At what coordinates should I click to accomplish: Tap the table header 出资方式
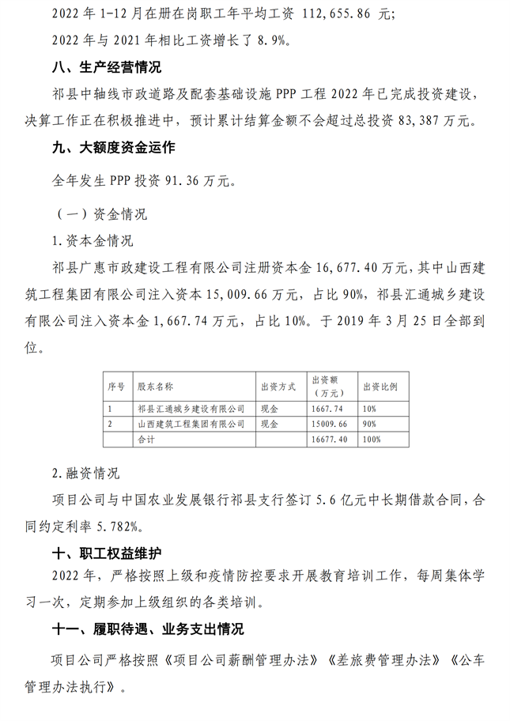click(x=278, y=387)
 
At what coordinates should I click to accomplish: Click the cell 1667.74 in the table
click(x=329, y=409)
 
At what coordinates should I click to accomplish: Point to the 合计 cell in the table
click(x=146, y=439)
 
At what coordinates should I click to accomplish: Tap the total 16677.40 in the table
click(x=331, y=439)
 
